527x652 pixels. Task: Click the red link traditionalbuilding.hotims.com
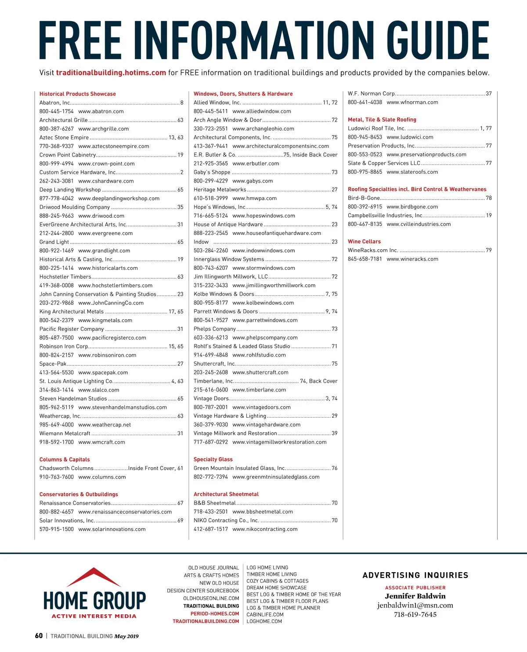click(111, 73)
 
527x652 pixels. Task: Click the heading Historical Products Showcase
click(78, 94)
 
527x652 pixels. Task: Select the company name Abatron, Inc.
click(55, 103)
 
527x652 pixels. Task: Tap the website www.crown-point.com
click(106, 164)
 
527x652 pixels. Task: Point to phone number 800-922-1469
click(57, 251)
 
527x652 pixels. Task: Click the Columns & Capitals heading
click(65, 459)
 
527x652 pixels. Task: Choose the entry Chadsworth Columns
click(66, 468)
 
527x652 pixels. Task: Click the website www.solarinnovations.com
click(112, 529)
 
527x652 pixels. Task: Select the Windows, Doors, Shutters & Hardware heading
click(243, 94)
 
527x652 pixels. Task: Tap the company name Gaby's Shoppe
click(212, 172)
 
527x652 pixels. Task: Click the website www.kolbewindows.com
click(263, 303)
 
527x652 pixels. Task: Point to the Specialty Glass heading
click(213, 459)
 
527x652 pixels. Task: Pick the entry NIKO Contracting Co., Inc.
click(226, 520)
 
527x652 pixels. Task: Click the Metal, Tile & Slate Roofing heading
click(382, 119)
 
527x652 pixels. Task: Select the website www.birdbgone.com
click(412, 207)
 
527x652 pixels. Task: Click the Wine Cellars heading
click(364, 241)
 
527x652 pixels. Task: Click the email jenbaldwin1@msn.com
click(415, 605)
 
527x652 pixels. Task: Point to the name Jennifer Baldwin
click(415, 596)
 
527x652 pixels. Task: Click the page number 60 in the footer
click(39, 636)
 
